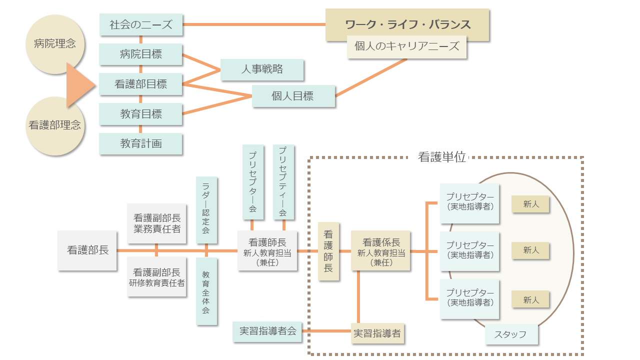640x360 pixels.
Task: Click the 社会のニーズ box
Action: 140,25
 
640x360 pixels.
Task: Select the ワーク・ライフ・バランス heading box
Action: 407,24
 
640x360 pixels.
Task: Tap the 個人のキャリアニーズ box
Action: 406,47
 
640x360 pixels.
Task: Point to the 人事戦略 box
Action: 262,69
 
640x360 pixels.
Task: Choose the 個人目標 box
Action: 293,96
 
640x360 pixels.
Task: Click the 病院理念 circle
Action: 51,44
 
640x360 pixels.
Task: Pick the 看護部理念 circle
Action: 54,125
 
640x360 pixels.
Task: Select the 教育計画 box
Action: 140,143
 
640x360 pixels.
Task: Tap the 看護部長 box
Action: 87,250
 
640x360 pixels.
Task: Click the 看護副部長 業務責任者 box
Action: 157,223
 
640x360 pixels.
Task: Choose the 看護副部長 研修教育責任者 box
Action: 157,277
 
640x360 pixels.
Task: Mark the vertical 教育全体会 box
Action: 206,291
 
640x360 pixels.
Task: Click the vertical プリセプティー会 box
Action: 283,182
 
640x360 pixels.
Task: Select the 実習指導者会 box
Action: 267,331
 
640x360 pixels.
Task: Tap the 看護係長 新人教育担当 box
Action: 381,250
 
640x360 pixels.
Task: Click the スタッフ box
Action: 511,334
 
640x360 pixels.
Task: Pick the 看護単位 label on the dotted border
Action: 441,157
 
